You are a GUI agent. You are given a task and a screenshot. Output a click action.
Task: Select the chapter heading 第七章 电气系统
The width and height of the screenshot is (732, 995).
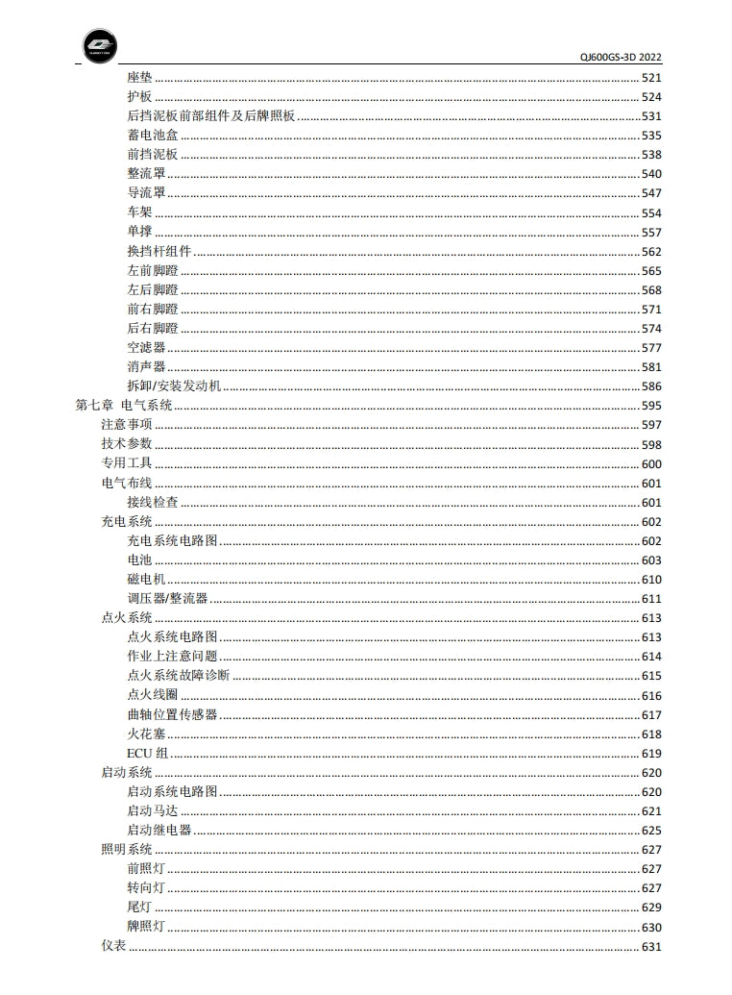[x=124, y=406]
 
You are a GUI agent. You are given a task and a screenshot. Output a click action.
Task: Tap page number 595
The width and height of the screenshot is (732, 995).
[x=651, y=406]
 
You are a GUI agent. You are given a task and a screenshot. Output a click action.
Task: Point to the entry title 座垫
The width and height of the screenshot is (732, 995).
[x=139, y=78]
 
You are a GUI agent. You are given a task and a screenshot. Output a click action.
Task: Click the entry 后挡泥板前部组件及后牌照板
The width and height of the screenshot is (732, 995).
[x=210, y=116]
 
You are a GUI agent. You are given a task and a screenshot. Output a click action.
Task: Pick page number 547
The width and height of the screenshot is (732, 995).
[x=651, y=193]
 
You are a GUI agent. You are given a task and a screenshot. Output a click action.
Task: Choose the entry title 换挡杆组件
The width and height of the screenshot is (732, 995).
[x=159, y=252]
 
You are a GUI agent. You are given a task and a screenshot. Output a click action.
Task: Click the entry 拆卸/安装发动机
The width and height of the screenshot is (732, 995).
[x=174, y=386]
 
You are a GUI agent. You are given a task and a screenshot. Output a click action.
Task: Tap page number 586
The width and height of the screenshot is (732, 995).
[x=651, y=386]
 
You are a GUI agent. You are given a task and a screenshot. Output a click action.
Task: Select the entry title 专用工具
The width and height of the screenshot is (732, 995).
[x=127, y=463]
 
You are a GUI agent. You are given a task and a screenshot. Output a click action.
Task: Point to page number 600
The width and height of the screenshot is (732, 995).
[x=651, y=463]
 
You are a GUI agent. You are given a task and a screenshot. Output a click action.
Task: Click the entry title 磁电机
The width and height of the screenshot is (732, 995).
[x=146, y=580]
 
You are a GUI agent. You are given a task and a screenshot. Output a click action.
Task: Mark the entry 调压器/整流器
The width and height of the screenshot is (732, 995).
[x=167, y=599]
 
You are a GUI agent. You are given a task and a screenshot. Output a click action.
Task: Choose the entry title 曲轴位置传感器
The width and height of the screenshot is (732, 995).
[x=172, y=714]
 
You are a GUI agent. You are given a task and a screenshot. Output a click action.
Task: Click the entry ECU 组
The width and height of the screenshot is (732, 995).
[x=147, y=753]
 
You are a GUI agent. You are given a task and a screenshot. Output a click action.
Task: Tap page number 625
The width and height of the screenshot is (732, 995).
[x=651, y=831]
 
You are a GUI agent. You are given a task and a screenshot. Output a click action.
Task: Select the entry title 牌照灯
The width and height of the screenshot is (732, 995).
[x=146, y=927]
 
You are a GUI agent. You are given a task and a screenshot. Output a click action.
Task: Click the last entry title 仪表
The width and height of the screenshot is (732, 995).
[x=113, y=946]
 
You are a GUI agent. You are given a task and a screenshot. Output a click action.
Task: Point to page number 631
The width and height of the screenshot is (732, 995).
[x=651, y=946]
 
